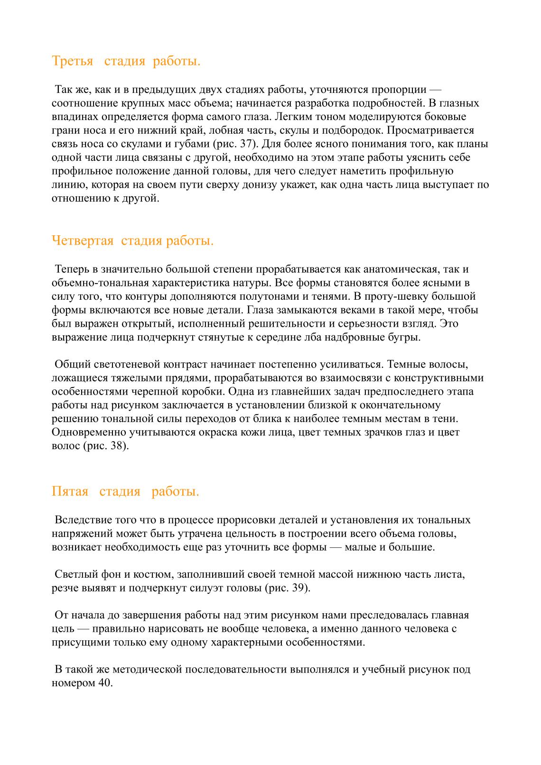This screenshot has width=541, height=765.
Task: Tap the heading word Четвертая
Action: (x=82, y=241)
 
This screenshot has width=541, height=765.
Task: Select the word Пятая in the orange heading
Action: (x=70, y=491)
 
